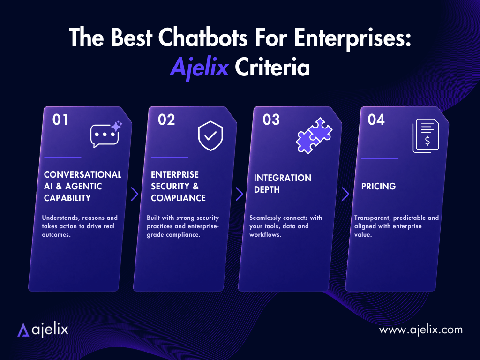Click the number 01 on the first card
click(60, 120)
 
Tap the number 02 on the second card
click(166, 120)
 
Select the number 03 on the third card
click(271, 120)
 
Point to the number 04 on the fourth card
click(376, 120)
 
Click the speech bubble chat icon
click(105, 136)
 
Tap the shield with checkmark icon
click(210, 135)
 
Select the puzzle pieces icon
click(314, 135)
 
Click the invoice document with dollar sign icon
click(426, 135)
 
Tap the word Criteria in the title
click(272, 67)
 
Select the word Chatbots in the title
click(202, 37)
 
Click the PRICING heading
click(378, 186)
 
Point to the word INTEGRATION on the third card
click(283, 178)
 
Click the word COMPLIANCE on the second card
click(178, 198)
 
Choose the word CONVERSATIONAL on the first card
click(82, 174)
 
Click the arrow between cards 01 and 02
click(135, 194)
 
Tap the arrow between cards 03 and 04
click(345, 194)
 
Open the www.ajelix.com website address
click(420, 330)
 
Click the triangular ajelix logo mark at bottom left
click(23, 330)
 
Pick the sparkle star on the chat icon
click(116, 126)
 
